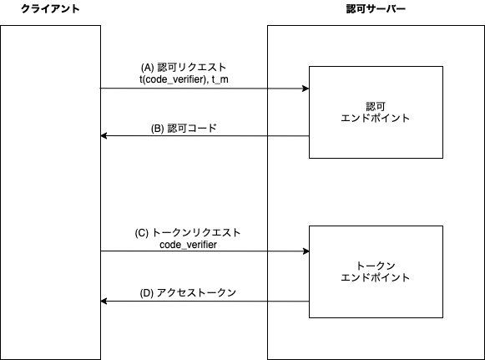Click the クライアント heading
[50, 9]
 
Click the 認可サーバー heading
[376, 9]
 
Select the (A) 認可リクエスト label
[184, 67]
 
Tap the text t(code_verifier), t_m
[184, 79]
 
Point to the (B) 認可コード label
[184, 128]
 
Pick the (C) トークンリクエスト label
[188, 232]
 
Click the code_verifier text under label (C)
[188, 245]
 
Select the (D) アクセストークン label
[188, 292]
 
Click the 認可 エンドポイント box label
[375, 113]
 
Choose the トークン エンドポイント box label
[375, 271]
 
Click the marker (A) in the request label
[147, 68]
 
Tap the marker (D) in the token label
[147, 293]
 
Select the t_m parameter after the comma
[220, 79]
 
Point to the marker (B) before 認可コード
[158, 129]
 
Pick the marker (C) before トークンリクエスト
[142, 233]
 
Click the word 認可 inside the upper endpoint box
[376, 107]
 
